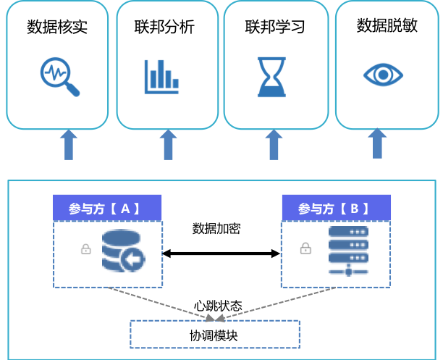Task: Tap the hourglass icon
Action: point(271,77)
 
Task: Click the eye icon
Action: point(383,75)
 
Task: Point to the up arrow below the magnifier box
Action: point(69,145)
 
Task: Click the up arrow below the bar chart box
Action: point(168,145)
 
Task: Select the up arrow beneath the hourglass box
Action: point(274,145)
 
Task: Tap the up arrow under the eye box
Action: point(377,143)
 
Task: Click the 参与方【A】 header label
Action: point(106,208)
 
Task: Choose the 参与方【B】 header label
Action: point(336,208)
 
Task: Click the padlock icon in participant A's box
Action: point(86,249)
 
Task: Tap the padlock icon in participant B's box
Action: point(305,248)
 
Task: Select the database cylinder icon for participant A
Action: point(123,251)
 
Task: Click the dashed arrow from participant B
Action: point(279,303)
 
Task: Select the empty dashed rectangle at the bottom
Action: point(214,334)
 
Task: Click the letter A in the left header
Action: point(125,209)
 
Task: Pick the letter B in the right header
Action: point(354,209)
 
